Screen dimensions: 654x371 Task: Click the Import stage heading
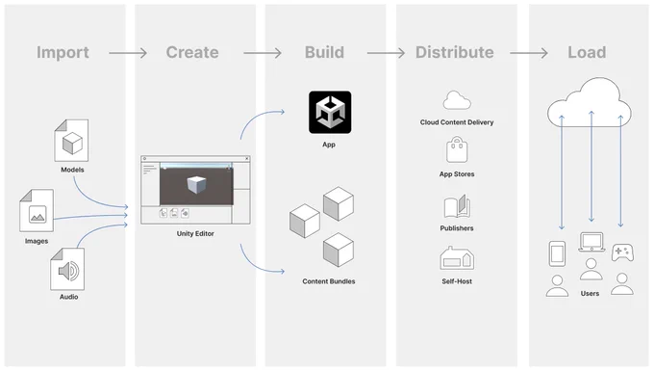tap(63, 53)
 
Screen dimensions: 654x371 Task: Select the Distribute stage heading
tap(454, 52)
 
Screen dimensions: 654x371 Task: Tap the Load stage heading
tap(587, 52)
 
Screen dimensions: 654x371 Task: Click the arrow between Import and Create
tap(128, 53)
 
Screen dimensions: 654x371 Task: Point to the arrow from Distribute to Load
tap(528, 53)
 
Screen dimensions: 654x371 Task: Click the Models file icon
tap(71, 141)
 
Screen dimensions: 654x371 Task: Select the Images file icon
tap(37, 210)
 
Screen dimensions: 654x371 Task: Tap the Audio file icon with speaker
tap(67, 269)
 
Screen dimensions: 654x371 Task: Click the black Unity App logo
tap(330, 113)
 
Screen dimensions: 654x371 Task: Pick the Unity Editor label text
tap(195, 233)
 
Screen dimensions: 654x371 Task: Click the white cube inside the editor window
tap(196, 185)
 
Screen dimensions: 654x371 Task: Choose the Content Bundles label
tap(329, 281)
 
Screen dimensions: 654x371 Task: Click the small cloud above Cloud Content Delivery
tap(457, 100)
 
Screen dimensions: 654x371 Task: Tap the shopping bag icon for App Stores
tap(457, 149)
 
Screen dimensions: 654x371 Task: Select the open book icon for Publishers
tap(457, 206)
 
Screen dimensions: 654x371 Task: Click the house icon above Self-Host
tap(457, 258)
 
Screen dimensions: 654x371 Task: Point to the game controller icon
tap(622, 252)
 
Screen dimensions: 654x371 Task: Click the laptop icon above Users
tap(591, 242)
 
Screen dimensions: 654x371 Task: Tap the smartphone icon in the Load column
tap(557, 253)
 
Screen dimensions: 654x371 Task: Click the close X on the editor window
tap(247, 159)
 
